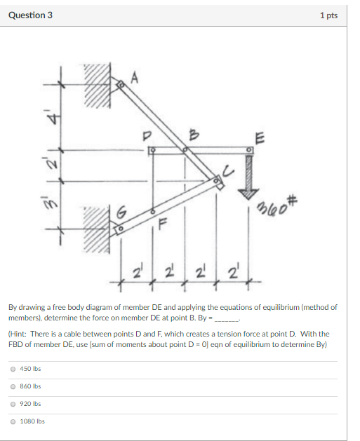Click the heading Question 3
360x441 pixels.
(x=30, y=15)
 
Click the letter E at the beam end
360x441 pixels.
(x=260, y=137)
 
